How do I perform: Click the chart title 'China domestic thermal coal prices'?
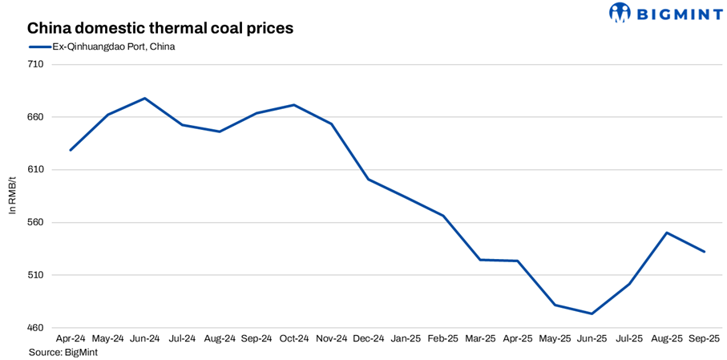(160, 28)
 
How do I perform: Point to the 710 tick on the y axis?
(36, 64)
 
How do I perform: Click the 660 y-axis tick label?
(36, 117)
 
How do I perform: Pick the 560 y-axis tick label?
(36, 223)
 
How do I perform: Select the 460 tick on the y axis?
(36, 328)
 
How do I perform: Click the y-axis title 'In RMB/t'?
(12, 196)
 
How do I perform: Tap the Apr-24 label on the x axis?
(71, 339)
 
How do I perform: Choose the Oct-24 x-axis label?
(294, 339)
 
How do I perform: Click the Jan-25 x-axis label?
(406, 339)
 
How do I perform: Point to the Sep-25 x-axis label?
(705, 339)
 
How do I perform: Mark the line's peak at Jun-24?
(144, 98)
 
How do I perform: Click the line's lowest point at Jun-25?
(592, 313)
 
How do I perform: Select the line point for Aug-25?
(667, 233)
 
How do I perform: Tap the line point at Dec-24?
(368, 179)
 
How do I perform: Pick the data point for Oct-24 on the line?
(294, 105)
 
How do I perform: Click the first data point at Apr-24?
(71, 150)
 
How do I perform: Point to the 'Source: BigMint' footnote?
(63, 352)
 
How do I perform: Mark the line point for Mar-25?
(480, 260)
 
